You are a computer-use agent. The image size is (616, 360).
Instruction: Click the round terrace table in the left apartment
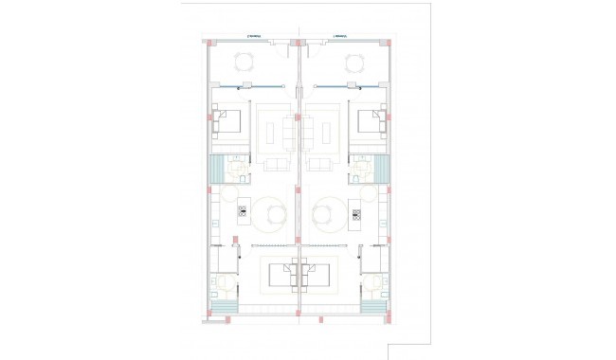click(245, 63)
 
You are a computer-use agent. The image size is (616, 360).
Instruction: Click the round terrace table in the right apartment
click(353, 63)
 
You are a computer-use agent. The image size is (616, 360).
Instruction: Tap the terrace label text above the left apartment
click(253, 37)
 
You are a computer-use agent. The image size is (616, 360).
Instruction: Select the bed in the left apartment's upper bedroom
click(230, 122)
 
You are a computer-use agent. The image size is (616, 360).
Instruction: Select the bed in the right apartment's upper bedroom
click(368, 122)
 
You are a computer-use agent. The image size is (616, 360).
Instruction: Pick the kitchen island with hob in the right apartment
click(356, 210)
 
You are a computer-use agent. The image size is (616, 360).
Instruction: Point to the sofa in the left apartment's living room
click(278, 165)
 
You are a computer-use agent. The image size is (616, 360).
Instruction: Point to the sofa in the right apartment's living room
click(320, 165)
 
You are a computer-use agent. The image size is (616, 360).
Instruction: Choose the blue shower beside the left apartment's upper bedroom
click(216, 171)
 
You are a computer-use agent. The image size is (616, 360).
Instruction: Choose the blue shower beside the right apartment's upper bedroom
click(382, 171)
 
